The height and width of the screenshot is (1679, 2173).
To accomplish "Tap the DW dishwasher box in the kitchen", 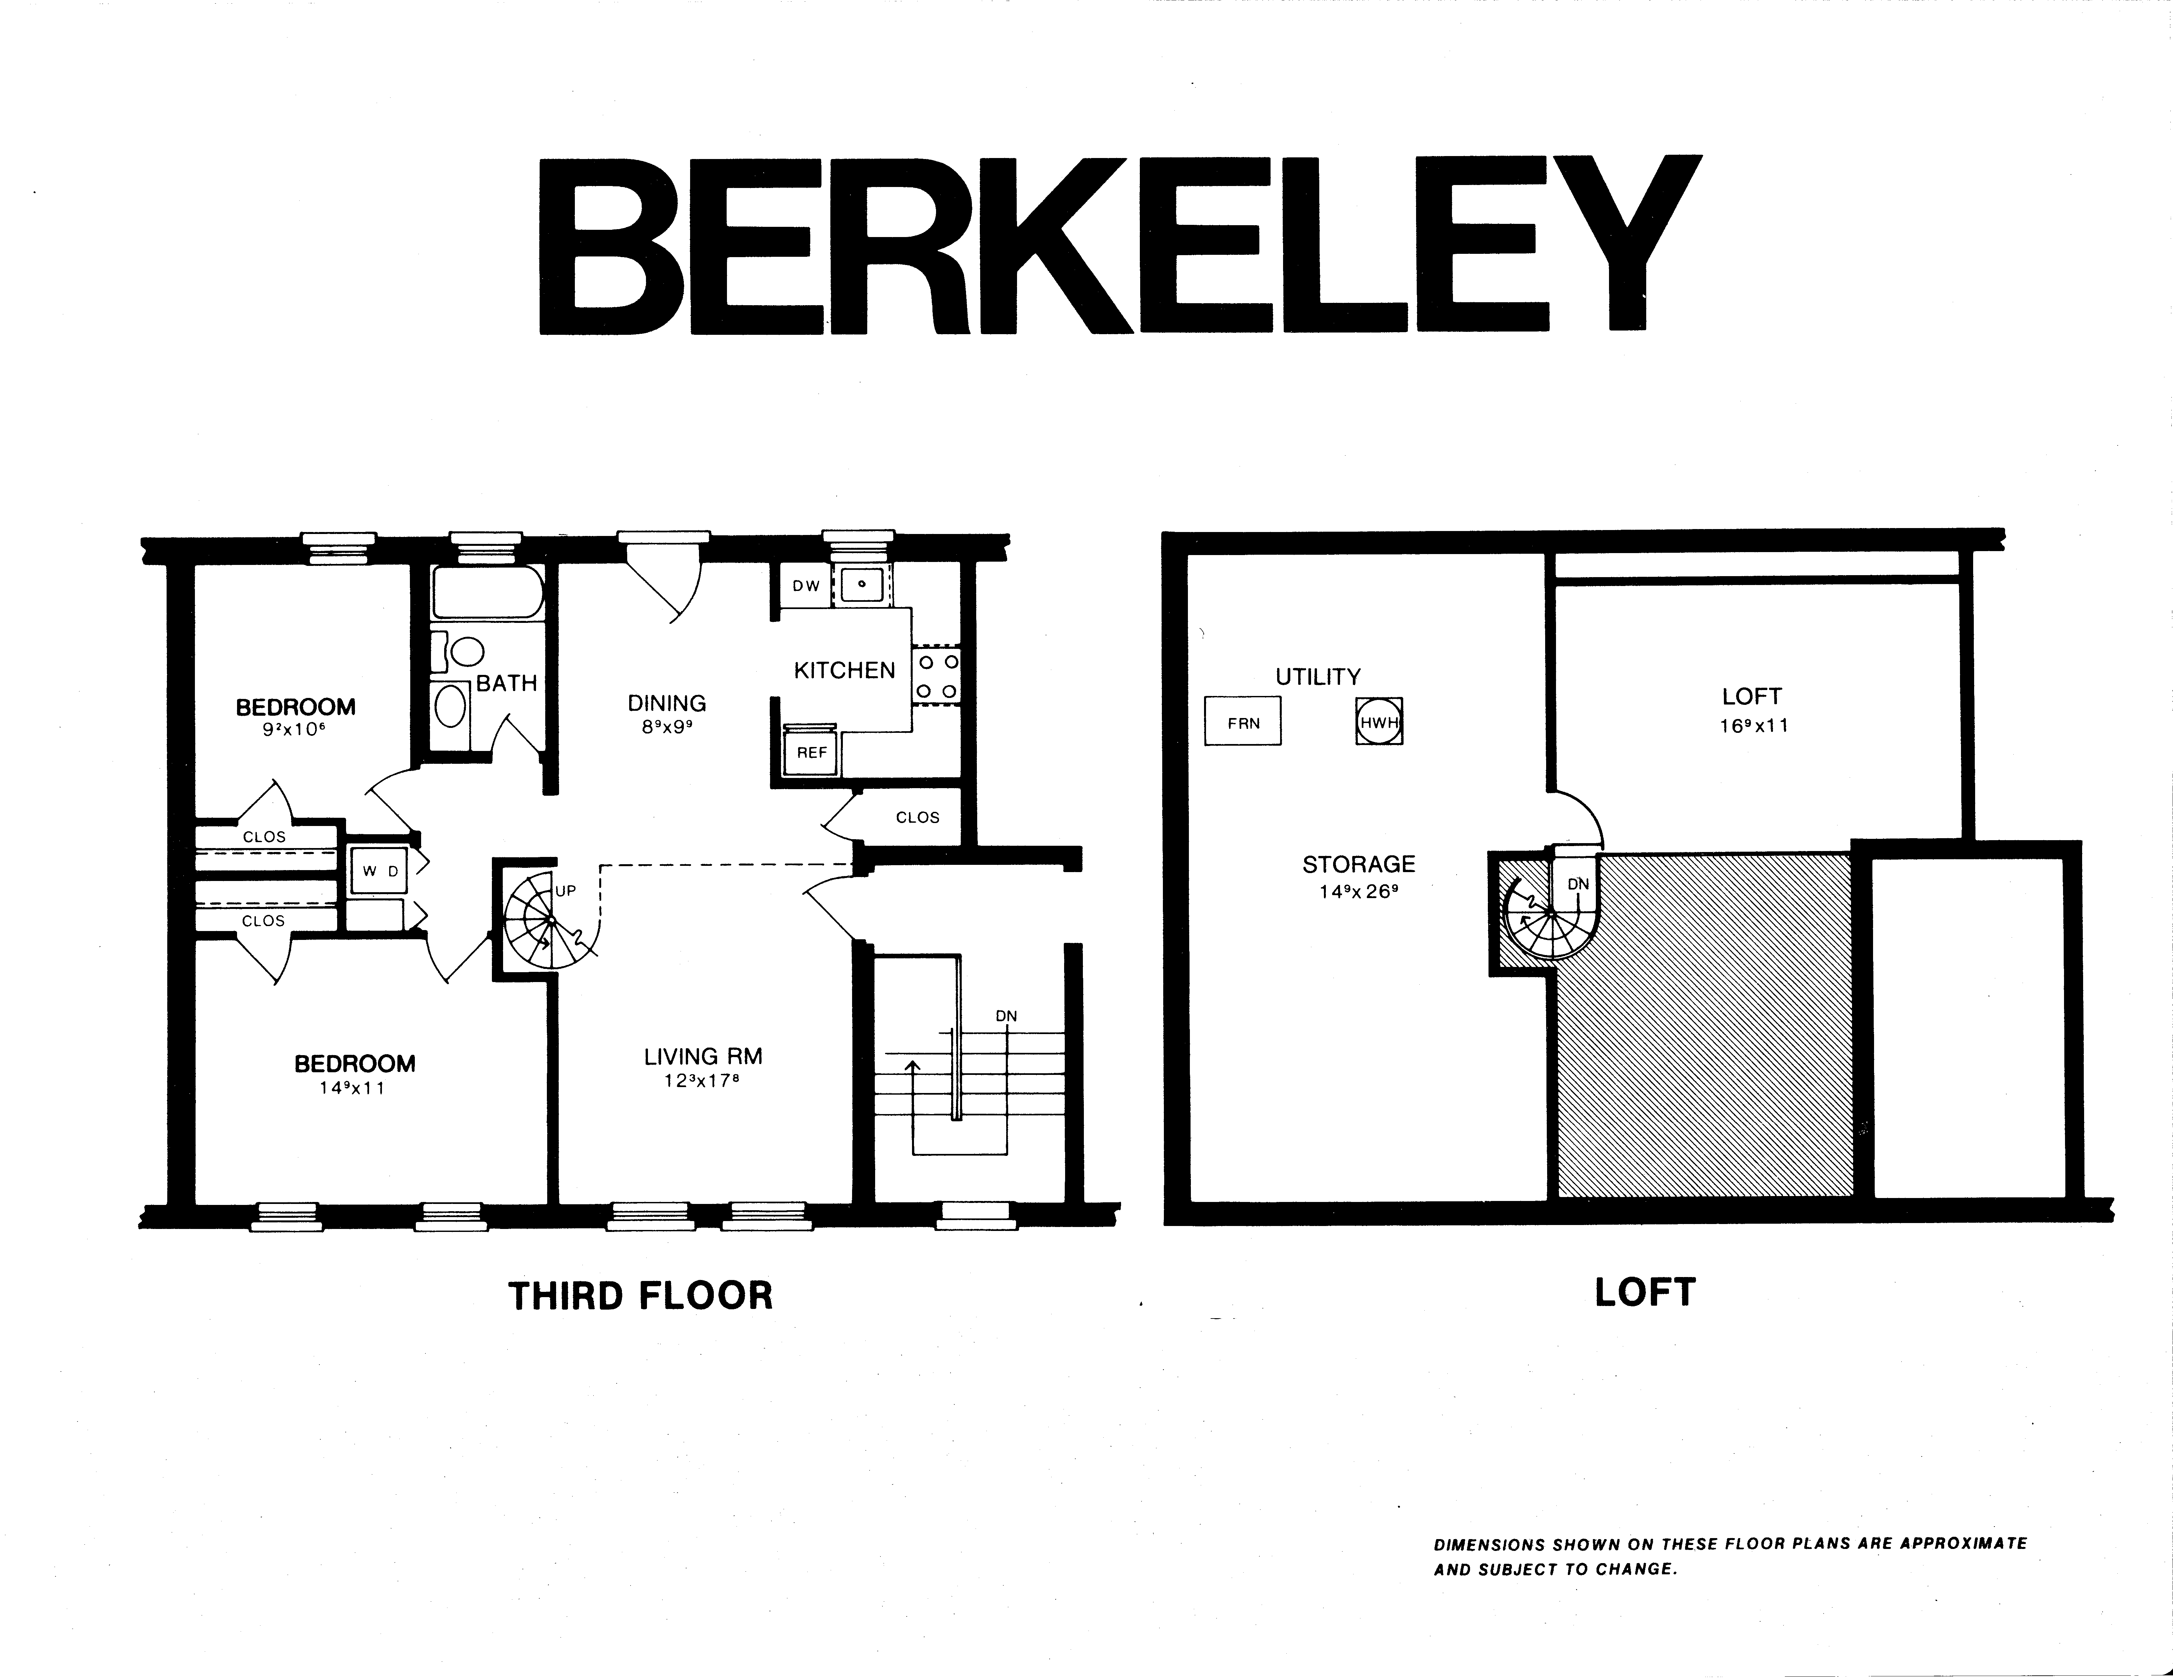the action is tap(806, 586).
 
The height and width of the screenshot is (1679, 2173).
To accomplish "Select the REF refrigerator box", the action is tap(812, 753).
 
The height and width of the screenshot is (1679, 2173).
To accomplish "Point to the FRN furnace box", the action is tap(1243, 721).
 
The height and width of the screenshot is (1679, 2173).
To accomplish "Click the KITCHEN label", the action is tap(845, 671).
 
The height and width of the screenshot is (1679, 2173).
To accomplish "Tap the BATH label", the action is tap(506, 683).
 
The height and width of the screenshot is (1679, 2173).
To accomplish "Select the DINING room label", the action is tap(667, 703).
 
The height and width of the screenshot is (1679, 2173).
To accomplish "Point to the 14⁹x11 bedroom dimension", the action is tap(352, 1088).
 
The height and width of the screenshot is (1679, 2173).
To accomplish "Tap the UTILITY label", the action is tap(1318, 678).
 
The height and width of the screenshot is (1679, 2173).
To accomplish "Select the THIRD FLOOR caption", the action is tap(641, 1296).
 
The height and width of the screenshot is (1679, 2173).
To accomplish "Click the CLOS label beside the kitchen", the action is tap(917, 818).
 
